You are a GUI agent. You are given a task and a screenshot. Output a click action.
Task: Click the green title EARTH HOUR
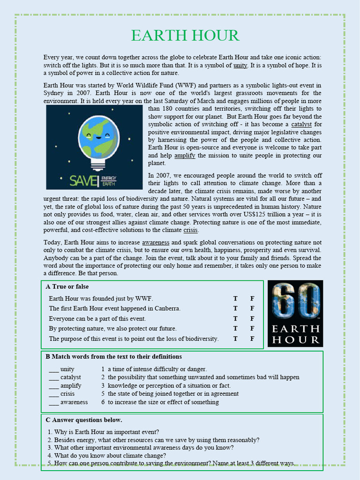(185, 36)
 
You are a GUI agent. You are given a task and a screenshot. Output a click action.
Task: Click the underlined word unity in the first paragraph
(240, 65)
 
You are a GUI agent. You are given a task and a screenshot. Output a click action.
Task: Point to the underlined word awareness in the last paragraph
(156, 242)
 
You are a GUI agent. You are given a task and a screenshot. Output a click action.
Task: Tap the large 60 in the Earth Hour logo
(295, 301)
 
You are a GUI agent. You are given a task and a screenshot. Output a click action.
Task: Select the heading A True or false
(67, 286)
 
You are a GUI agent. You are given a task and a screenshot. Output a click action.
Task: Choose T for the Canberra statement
(235, 308)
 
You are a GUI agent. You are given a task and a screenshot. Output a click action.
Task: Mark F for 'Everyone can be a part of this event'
(252, 319)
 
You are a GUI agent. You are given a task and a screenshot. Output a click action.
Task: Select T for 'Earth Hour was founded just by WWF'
(235, 299)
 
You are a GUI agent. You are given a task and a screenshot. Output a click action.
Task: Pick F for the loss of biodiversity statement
(252, 338)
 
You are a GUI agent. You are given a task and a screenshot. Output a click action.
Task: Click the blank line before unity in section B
(53, 369)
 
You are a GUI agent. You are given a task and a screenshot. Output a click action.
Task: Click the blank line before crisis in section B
(53, 394)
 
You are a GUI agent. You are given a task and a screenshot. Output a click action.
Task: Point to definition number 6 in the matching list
(159, 402)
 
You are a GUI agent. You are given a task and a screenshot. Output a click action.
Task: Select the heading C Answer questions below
(84, 420)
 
